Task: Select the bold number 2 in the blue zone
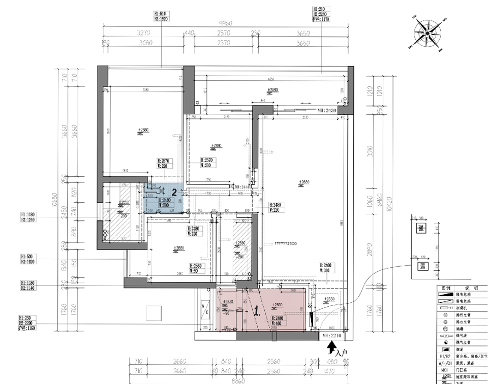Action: pyautogui.click(x=174, y=193)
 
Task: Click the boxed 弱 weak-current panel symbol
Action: pyautogui.click(x=421, y=266)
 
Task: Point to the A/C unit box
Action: pyautogui.click(x=205, y=310)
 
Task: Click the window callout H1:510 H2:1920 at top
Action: pyautogui.click(x=161, y=16)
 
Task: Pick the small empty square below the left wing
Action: pyautogui.click(x=154, y=313)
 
